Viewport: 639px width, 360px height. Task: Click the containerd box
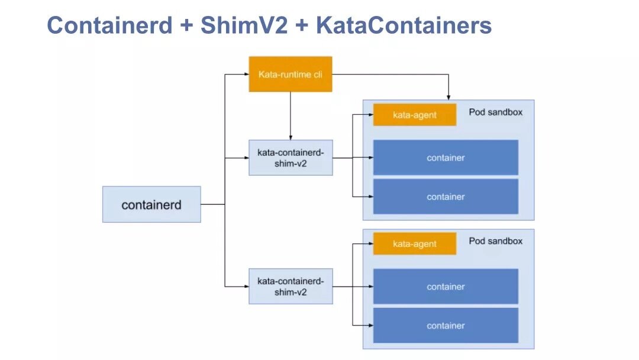coord(151,205)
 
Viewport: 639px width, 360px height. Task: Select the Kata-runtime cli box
coord(290,74)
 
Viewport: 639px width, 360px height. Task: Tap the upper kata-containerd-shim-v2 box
coord(291,157)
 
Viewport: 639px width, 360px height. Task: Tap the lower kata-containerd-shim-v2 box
coord(291,286)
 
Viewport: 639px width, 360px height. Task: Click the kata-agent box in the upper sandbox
coord(414,115)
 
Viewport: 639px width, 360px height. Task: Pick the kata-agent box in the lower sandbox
coord(414,243)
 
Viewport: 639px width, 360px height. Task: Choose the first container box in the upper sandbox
coord(446,157)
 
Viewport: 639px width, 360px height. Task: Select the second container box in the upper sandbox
coord(446,197)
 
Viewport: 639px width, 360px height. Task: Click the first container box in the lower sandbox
coord(446,287)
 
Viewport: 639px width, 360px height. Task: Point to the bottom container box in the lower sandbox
coord(446,326)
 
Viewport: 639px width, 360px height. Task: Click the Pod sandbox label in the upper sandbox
coord(495,112)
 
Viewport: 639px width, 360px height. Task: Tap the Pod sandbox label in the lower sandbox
coord(495,241)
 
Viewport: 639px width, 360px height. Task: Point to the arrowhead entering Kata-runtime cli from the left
coord(246,74)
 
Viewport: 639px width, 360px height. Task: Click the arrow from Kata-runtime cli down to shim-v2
coord(291,115)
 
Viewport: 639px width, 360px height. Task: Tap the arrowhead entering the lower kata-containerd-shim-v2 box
coord(246,287)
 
